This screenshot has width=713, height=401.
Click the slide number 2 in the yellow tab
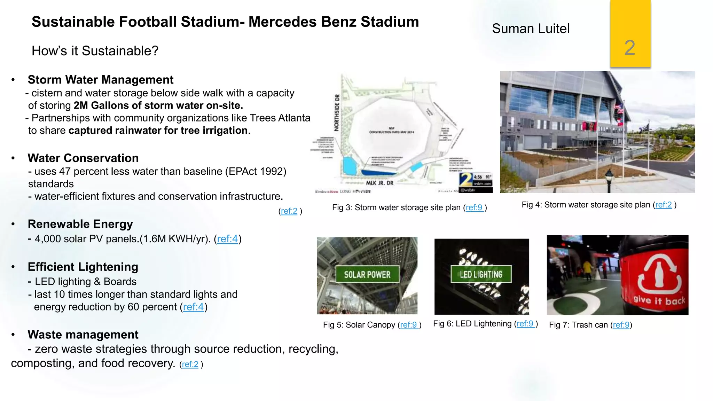pos(629,48)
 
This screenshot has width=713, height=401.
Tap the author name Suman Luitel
pos(531,29)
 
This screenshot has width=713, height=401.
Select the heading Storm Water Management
pos(100,80)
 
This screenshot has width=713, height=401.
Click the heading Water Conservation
pos(83,158)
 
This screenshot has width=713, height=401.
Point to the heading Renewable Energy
pos(80,224)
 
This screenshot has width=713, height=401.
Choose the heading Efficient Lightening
pos(83,267)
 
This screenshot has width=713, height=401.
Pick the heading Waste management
pos(83,335)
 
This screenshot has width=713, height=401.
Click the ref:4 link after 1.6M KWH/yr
pos(227,239)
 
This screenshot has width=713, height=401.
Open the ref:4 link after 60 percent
pos(193,307)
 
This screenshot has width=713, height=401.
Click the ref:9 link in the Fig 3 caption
pos(474,208)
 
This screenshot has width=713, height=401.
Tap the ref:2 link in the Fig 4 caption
pos(663,205)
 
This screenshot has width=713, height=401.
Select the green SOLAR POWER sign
pos(367,275)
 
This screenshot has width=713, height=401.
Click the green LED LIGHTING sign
pos(481,274)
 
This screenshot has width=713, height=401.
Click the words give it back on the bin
pos(659,300)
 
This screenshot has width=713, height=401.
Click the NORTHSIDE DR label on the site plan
pos(337,113)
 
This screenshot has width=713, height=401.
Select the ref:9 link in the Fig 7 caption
pos(621,325)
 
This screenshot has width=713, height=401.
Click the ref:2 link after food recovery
pos(190,364)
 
